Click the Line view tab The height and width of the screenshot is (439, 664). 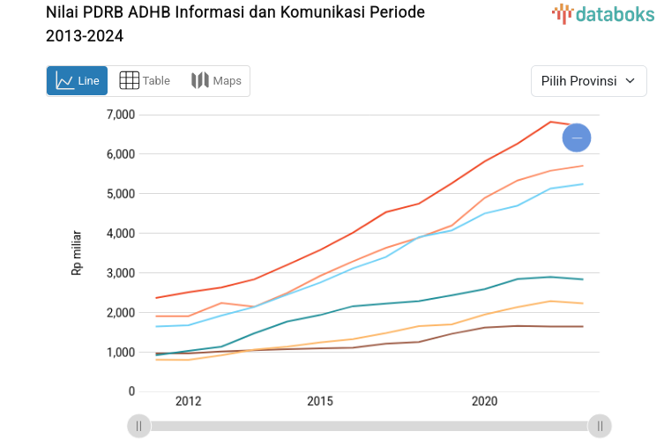click(x=77, y=81)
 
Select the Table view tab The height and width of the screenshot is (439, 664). click(x=145, y=81)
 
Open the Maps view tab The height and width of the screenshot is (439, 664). click(x=216, y=81)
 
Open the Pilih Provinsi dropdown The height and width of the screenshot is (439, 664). click(x=588, y=81)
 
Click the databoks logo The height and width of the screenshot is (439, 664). click(x=603, y=13)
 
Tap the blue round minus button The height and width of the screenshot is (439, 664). click(x=577, y=138)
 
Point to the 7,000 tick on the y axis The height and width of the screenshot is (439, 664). click(x=120, y=115)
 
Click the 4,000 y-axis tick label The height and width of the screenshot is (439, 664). click(x=120, y=234)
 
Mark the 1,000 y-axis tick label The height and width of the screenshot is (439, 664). click(x=120, y=353)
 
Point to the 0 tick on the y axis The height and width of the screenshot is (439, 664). click(x=131, y=391)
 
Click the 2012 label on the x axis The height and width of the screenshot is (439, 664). click(x=188, y=402)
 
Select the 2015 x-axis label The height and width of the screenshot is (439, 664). click(x=319, y=402)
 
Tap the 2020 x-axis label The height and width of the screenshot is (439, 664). click(x=484, y=402)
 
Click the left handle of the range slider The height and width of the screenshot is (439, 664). click(x=138, y=427)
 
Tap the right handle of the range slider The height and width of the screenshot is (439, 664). click(x=600, y=427)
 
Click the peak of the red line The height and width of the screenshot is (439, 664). click(x=550, y=122)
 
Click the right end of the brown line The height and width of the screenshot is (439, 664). click(x=583, y=326)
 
